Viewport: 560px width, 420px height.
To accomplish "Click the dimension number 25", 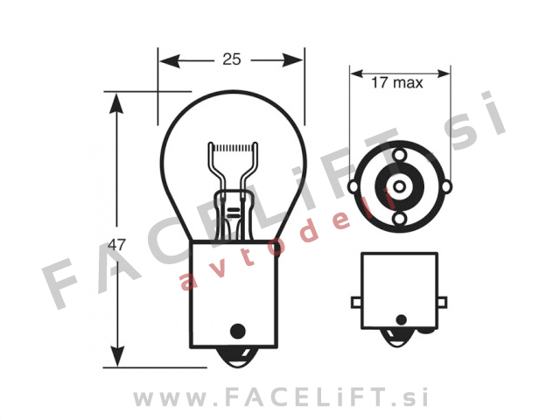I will click(231, 59).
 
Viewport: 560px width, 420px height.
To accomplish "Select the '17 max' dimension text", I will click(396, 84).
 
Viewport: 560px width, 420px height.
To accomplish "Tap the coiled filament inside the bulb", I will click(232, 145).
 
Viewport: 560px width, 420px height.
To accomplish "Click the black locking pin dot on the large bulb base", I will click(234, 331).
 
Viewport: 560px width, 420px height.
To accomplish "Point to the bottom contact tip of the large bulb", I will click(234, 359).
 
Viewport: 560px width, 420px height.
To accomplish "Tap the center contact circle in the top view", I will click(398, 185).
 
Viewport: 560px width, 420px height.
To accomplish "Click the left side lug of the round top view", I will click(353, 186).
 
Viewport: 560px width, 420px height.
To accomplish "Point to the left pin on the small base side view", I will click(356, 302).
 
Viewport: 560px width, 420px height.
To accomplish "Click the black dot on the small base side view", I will click(399, 321).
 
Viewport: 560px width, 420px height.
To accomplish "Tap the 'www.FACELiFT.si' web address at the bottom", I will click(280, 398).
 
